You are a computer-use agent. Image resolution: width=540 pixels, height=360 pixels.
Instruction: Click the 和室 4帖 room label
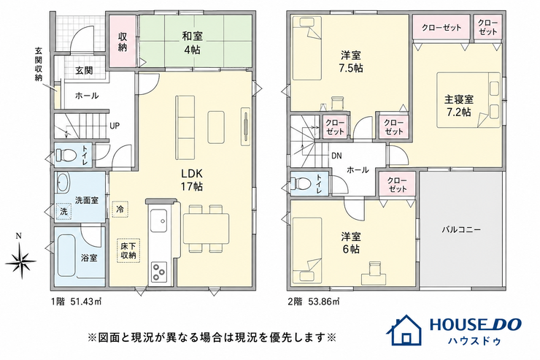pyautogui.click(x=192, y=42)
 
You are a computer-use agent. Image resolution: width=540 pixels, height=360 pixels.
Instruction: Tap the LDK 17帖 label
pyautogui.click(x=192, y=180)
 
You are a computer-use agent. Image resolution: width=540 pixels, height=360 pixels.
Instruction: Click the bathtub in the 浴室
pyautogui.click(x=66, y=256)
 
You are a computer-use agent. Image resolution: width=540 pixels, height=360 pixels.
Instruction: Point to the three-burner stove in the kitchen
pyautogui.click(x=159, y=272)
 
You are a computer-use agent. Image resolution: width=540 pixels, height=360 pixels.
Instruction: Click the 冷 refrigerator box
pyautogui.click(x=120, y=209)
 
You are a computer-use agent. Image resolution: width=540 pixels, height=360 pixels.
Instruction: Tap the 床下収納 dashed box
pyautogui.click(x=128, y=250)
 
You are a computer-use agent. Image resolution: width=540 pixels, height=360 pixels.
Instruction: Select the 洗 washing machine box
pyautogui.click(x=63, y=211)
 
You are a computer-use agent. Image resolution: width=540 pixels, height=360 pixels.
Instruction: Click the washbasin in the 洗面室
pyautogui.click(x=63, y=182)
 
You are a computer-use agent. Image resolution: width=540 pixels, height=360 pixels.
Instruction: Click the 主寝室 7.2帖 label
pyautogui.click(x=459, y=105)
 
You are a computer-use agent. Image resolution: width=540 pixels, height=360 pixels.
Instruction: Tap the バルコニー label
pyautogui.click(x=461, y=230)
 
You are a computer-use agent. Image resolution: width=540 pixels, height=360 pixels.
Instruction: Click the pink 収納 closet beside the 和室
pyautogui.click(x=123, y=42)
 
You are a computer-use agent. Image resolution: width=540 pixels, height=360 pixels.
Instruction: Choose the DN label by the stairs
pyautogui.click(x=336, y=156)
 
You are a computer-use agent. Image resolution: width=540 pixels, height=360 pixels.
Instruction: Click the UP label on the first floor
pyautogui.click(x=115, y=126)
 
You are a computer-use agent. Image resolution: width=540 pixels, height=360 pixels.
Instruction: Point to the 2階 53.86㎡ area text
pyautogui.click(x=314, y=302)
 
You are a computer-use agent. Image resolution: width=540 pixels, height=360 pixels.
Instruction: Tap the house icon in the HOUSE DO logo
pyautogui.click(x=404, y=331)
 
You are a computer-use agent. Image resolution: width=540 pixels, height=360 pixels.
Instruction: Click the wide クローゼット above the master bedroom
pyautogui.click(x=441, y=28)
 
